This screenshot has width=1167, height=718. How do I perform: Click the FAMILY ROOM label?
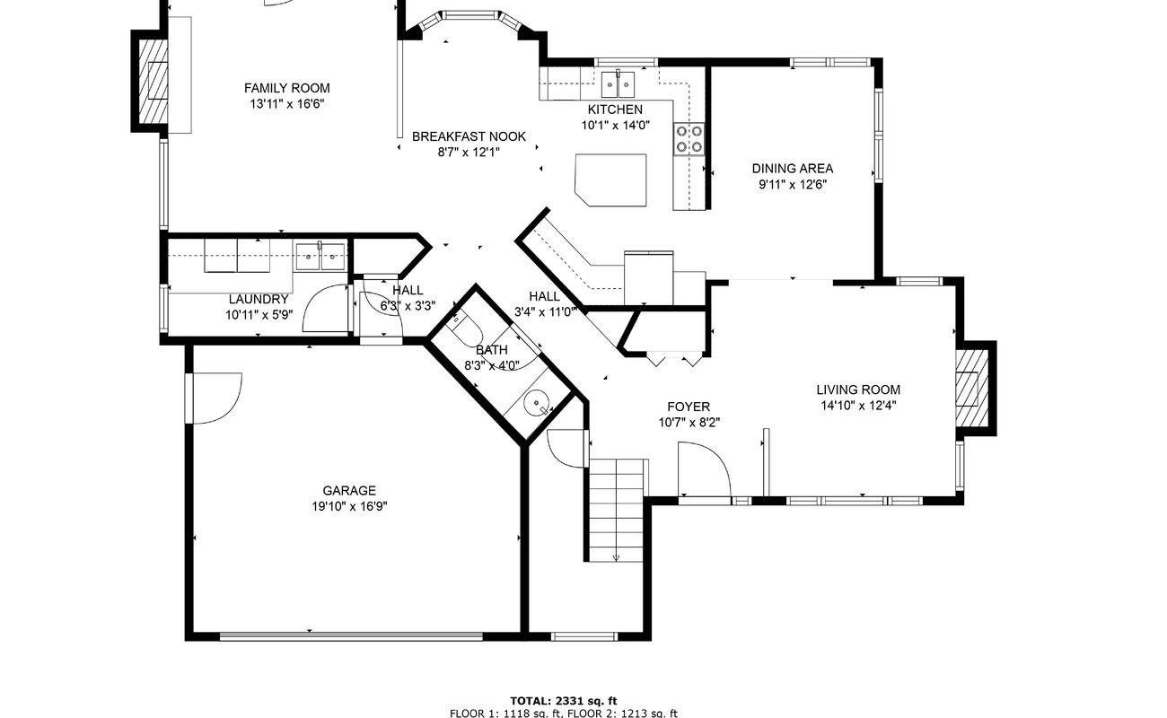[287, 88]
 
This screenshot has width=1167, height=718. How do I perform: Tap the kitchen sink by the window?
[618, 84]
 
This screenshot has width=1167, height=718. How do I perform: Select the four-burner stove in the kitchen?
[689, 138]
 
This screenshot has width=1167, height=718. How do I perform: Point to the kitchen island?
[610, 179]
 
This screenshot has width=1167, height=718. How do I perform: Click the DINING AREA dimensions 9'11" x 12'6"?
[793, 185]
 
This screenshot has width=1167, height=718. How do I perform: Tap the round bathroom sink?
[536, 403]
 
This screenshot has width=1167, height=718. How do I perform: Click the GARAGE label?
[349, 490]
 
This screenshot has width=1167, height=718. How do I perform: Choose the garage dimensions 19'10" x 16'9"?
[349, 506]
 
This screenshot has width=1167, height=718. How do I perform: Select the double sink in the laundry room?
[320, 257]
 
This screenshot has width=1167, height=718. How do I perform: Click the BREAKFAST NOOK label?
[469, 136]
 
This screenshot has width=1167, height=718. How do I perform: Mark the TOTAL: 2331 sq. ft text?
[563, 701]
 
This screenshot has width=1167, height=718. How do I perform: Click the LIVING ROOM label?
[858, 390]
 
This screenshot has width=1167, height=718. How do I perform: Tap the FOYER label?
[689, 407]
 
